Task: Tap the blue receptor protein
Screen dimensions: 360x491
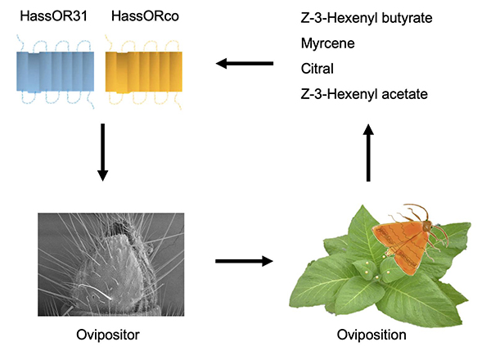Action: (x=55, y=73)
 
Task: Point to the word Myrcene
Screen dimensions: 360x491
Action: (x=324, y=43)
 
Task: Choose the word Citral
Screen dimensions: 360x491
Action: (x=315, y=69)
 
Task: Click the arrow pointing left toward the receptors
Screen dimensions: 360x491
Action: (x=245, y=63)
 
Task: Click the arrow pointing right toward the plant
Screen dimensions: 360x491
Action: (x=243, y=262)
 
